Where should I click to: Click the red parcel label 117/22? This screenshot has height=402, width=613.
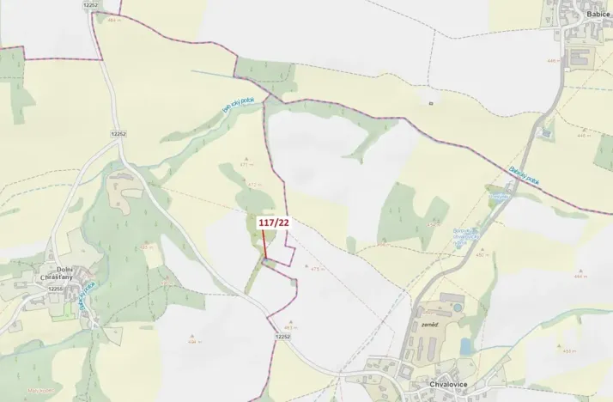271,222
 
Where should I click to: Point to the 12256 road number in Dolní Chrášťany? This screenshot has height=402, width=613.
57,289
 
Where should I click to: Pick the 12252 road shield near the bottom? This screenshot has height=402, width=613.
284,337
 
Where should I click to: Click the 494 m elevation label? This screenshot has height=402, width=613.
193,342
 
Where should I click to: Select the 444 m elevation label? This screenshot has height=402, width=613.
580,277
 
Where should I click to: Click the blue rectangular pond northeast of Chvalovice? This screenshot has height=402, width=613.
465,345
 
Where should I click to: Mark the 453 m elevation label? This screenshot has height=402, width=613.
568,350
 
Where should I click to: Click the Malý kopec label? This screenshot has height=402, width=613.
36,392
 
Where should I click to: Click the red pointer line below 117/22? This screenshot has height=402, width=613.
264,243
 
